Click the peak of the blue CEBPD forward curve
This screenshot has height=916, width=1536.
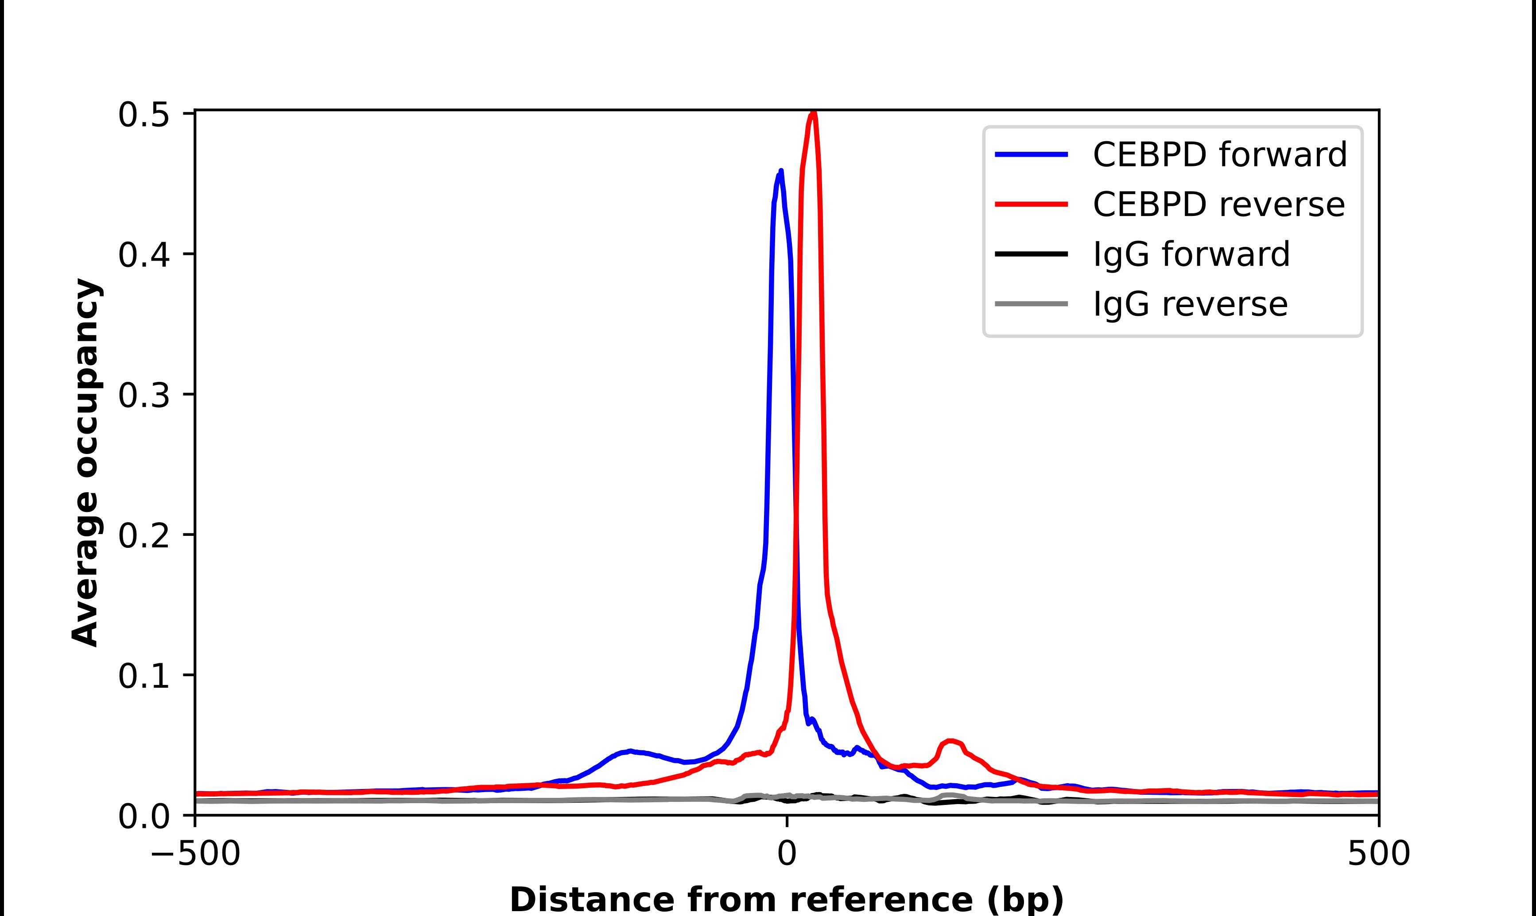click(x=781, y=171)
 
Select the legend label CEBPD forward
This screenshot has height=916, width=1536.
click(x=1219, y=154)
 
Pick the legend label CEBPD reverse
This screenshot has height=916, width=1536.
click(x=1218, y=204)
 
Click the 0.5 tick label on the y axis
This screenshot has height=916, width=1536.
click(x=144, y=115)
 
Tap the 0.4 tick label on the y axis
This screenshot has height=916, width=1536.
click(x=144, y=255)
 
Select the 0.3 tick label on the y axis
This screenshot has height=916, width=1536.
click(x=144, y=395)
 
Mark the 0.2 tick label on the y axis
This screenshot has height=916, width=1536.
click(x=144, y=535)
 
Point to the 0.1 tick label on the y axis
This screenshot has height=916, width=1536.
click(x=144, y=676)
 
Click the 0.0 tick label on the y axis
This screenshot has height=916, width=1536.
click(x=144, y=816)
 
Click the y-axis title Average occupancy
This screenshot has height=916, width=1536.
click(x=85, y=463)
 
